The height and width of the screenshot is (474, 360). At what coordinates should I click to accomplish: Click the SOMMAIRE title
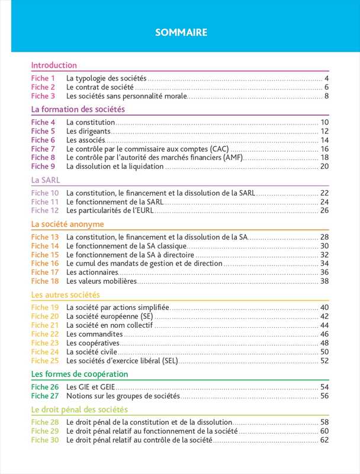181,33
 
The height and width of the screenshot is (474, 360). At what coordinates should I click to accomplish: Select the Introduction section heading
54,65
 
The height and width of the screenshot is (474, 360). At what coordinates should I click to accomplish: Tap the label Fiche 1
43,78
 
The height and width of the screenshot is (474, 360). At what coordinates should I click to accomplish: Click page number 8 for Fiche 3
326,96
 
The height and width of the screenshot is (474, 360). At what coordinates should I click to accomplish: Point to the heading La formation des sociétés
78,109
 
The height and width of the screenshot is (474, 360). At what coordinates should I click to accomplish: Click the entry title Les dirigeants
88,132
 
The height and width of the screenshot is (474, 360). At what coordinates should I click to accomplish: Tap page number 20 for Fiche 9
324,166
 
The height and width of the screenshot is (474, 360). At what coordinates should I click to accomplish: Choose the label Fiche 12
45,210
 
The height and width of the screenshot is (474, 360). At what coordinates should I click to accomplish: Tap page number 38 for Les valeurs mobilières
324,281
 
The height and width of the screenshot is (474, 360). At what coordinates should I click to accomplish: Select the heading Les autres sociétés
65,294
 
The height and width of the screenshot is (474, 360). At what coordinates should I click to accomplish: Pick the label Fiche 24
45,351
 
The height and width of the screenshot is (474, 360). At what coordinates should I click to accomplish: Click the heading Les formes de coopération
79,374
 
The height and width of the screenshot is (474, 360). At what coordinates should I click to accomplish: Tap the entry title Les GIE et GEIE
91,387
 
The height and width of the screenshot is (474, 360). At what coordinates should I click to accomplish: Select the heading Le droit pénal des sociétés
79,409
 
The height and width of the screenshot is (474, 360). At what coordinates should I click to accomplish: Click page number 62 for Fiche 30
324,440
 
